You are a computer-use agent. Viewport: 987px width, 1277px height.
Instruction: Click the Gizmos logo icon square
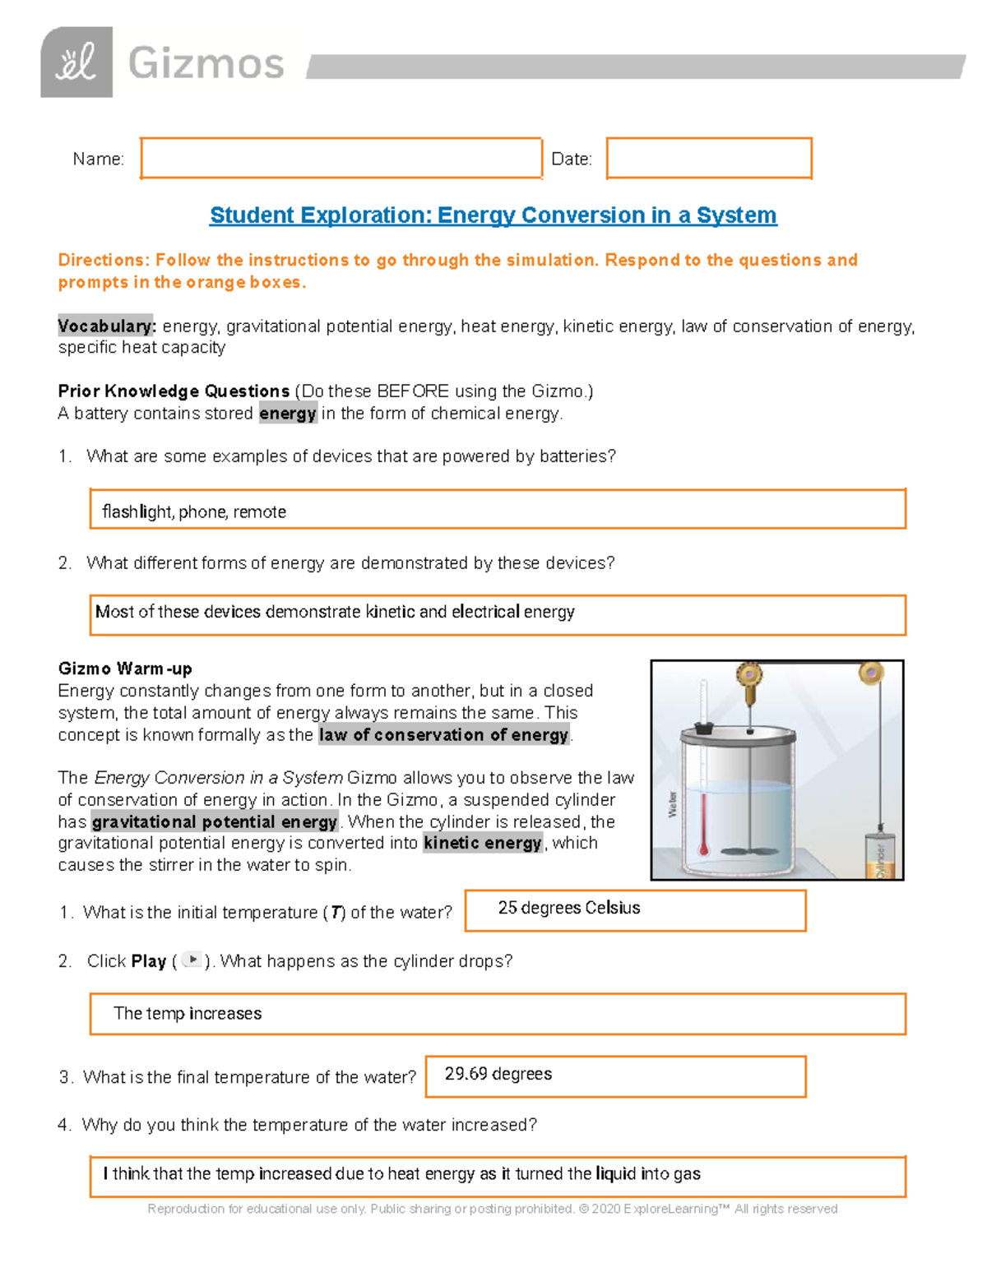coord(76,62)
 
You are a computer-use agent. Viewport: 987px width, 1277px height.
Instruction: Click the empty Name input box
coord(341,158)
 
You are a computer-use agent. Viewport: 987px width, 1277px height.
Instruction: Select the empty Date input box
coord(709,158)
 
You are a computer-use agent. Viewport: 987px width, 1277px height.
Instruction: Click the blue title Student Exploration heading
coord(493,215)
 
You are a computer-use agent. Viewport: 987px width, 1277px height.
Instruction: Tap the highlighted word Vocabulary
coord(106,326)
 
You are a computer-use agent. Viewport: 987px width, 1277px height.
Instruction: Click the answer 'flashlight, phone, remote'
coord(194,511)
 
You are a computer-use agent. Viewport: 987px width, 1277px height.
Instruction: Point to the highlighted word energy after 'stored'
coord(288,414)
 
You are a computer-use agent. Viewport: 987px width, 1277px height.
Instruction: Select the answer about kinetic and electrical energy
coord(335,612)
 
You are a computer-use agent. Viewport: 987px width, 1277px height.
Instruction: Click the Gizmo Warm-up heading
coord(125,669)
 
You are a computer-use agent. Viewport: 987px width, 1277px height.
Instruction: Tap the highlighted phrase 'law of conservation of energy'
coord(443,735)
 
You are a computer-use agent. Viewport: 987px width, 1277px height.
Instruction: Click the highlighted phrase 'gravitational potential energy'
coord(214,821)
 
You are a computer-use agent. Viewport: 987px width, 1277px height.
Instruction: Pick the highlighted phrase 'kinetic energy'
coord(482,843)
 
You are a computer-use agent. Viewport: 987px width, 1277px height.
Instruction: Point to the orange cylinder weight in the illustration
coord(879,856)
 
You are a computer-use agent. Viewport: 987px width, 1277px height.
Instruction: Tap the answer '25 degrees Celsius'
coord(568,908)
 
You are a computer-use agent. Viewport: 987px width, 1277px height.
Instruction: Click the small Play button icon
coord(192,960)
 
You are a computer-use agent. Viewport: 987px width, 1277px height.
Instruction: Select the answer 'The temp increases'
coord(188,1014)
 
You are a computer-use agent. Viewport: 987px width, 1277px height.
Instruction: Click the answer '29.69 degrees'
coord(498,1074)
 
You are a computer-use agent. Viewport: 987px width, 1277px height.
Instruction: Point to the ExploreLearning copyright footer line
coord(492,1209)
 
